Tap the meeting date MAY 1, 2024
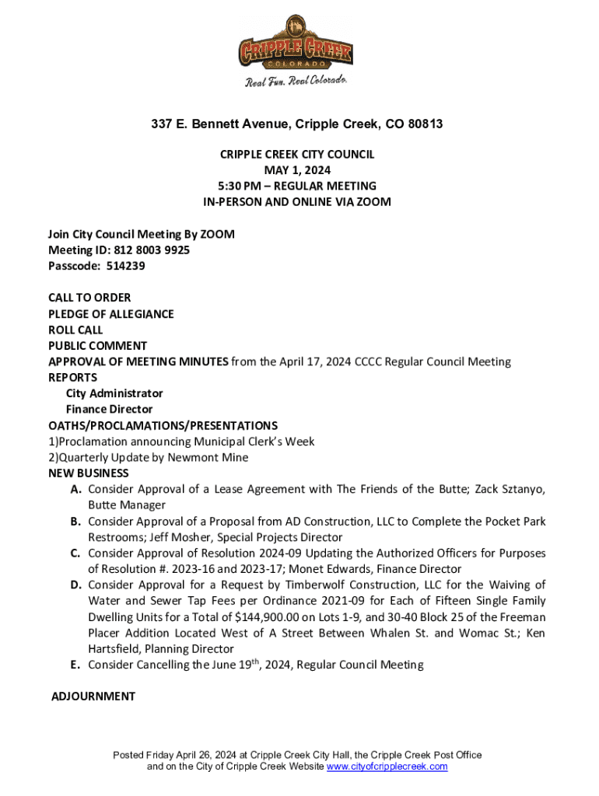296,170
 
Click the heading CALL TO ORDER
89,298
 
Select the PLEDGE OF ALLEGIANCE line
111,314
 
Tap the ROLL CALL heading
75,330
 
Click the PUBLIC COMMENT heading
98,346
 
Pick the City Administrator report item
114,393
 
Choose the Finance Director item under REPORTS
109,409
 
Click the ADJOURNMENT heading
93,696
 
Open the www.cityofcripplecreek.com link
387,766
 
